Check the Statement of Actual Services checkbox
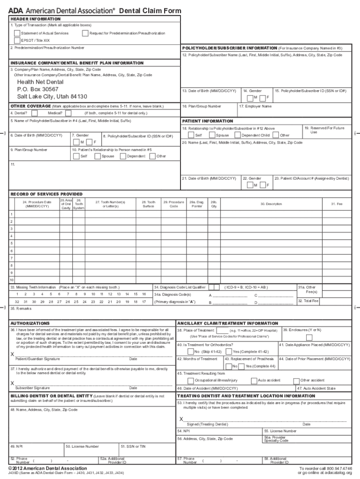point(17,33)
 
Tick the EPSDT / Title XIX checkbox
point(17,40)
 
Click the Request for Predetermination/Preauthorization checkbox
point(85,33)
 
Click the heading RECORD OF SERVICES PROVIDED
point(46,194)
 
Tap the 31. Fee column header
point(337,204)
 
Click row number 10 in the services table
point(12,280)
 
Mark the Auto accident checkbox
point(254,381)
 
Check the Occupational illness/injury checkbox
point(184,381)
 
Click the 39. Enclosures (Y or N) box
point(309,337)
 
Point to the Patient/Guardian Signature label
point(37,359)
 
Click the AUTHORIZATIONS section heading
point(30,323)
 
